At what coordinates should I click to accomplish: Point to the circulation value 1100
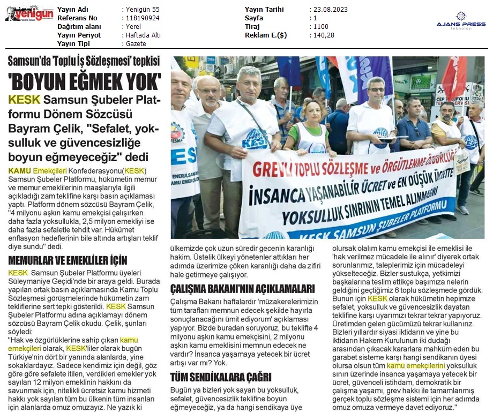320,27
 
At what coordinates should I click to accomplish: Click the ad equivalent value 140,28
324,35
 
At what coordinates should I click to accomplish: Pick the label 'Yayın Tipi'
74,44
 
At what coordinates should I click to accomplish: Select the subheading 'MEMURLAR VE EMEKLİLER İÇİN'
68,261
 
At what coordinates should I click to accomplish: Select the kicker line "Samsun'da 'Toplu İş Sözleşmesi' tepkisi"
85,61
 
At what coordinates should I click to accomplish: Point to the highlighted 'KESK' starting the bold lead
24,100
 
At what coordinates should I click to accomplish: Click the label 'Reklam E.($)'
266,35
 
